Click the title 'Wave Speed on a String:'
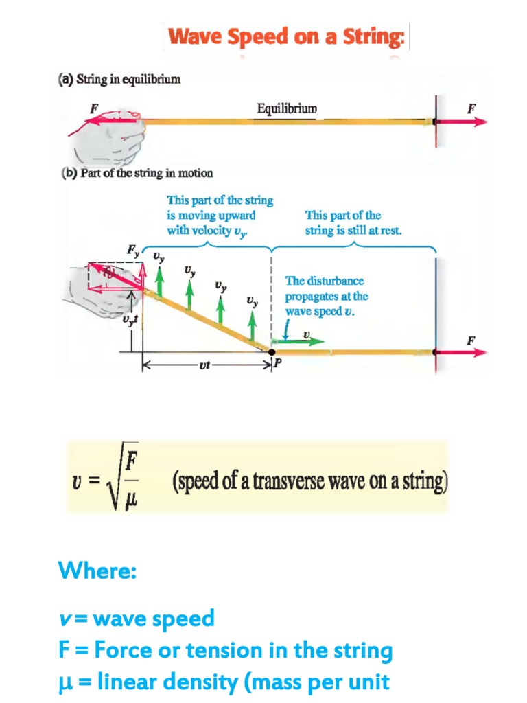286,36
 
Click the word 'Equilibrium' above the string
287,108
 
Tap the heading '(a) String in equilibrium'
119,80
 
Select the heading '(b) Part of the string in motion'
137,173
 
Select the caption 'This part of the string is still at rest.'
353,223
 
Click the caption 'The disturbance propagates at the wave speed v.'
327,296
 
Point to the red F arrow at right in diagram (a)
463,122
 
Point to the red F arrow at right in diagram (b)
463,352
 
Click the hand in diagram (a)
113,137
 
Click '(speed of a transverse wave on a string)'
309,481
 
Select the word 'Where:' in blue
97,570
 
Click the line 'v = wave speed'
136,618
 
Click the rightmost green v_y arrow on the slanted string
253,325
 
